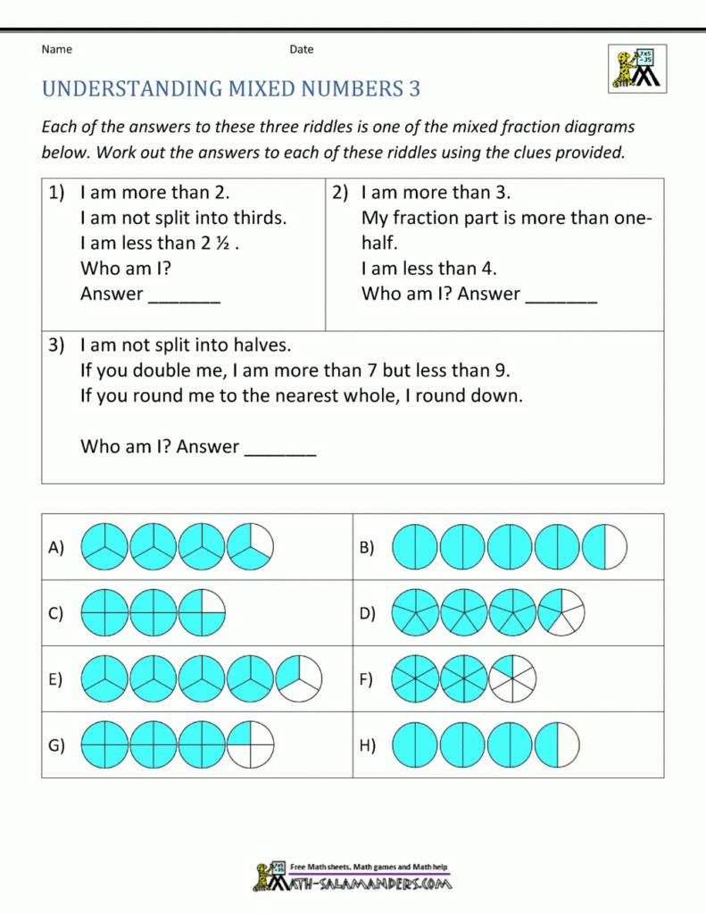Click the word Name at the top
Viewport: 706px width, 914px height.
[56, 49]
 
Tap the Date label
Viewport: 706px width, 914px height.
[301, 49]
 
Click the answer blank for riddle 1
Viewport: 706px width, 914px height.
[184, 295]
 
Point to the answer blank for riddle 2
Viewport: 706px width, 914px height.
[561, 295]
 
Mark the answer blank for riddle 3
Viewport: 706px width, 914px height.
[279, 448]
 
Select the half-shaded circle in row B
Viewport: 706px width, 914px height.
[604, 546]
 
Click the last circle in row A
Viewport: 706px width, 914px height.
[250, 546]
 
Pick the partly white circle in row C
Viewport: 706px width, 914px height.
[202, 613]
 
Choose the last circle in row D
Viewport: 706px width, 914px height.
[561, 613]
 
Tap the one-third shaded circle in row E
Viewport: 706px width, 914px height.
[299, 679]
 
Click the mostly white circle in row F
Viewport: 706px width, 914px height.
[512, 679]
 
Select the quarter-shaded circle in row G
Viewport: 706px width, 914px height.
[250, 745]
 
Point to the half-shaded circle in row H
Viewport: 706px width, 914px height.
[556, 745]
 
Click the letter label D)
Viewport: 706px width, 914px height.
[368, 613]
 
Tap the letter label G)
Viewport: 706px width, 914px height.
[56, 746]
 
